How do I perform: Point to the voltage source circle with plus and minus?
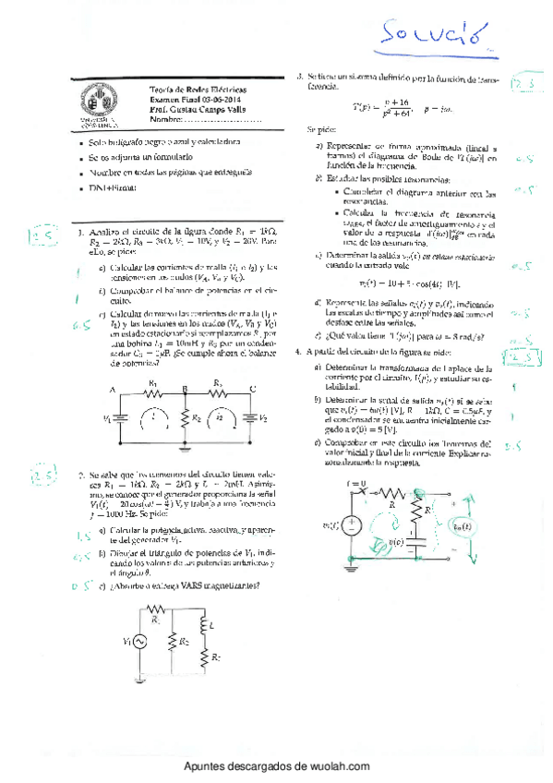[x=351, y=525]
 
